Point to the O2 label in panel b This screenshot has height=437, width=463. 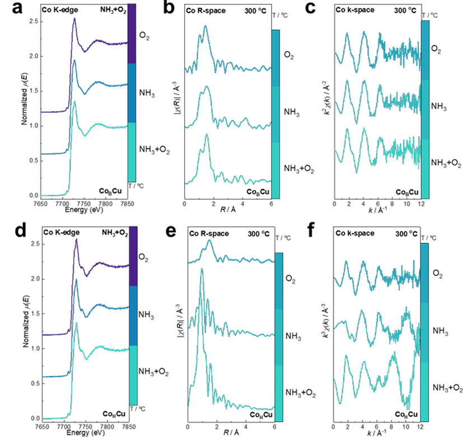click(x=290, y=55)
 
